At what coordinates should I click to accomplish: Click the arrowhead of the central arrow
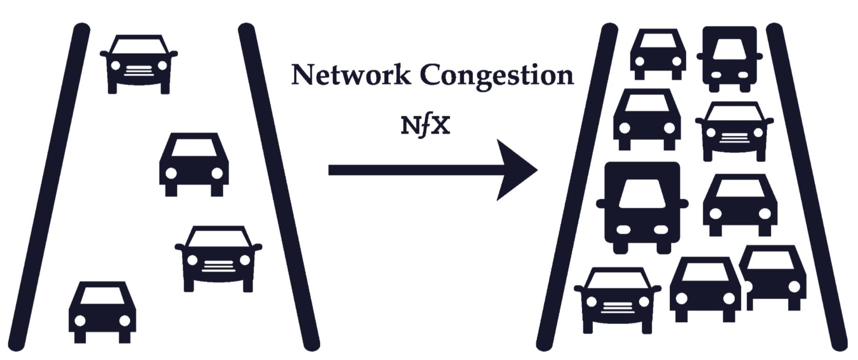(x=516, y=170)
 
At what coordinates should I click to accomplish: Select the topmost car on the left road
(x=139, y=64)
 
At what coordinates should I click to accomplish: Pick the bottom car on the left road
(x=103, y=312)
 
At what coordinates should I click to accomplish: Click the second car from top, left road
(x=194, y=165)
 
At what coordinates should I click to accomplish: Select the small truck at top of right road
(x=729, y=58)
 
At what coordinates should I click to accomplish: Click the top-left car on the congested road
(x=658, y=55)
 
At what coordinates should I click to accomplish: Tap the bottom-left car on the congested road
(x=617, y=300)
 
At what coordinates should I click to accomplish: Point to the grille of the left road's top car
(x=139, y=71)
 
